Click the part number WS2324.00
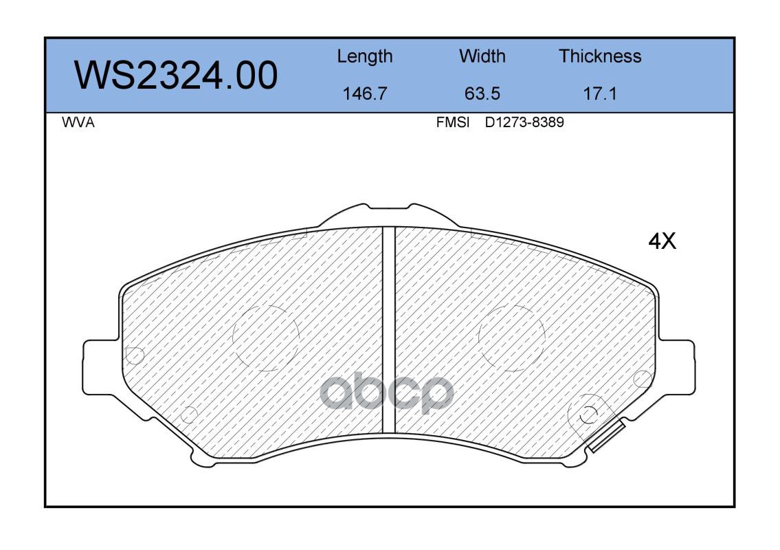176,76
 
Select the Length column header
365,57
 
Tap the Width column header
482,56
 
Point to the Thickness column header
600,56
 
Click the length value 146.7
365,93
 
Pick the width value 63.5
482,93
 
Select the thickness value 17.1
600,93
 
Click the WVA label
78,122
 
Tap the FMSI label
453,122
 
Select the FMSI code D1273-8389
524,122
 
